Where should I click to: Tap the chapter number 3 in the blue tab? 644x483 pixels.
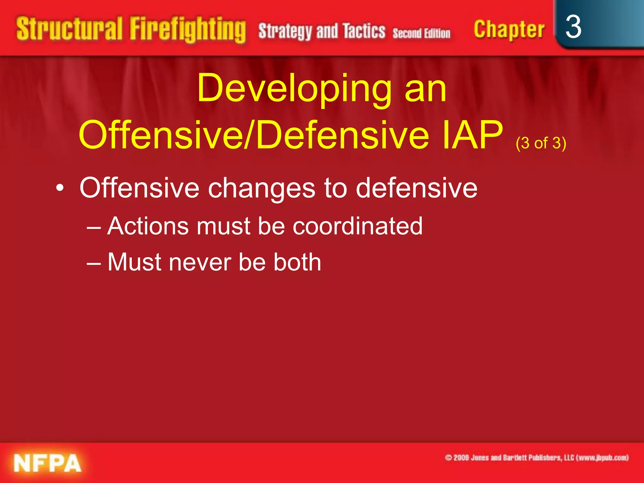pos(573,27)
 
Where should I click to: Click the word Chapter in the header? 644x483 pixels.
pos(509,29)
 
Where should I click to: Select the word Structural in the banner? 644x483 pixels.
pos(69,29)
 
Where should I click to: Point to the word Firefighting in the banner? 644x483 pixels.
pos(188,30)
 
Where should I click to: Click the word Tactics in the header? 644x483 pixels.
pos(364,31)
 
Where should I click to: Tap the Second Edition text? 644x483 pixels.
pos(421,33)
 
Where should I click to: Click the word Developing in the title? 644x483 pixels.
pos(294,89)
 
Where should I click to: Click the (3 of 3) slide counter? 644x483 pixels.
pos(541,143)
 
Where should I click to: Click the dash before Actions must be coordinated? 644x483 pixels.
pos(94,227)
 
